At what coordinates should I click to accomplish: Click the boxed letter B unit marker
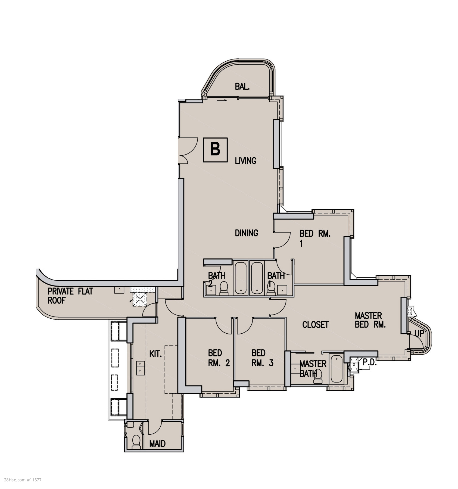tap(215, 150)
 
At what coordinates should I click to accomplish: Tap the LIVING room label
tap(245, 161)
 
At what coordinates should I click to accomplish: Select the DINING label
tap(247, 233)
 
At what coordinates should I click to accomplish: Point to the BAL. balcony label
tap(242, 87)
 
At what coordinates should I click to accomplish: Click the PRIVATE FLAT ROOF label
tap(70, 296)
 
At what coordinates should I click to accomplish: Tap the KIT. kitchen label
tap(155, 354)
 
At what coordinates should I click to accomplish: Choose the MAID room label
tap(157, 444)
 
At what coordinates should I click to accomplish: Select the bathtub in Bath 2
tap(241, 278)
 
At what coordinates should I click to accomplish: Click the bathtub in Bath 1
tap(257, 278)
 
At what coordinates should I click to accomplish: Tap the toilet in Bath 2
tap(224, 289)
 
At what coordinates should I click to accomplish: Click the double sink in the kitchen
tap(141, 367)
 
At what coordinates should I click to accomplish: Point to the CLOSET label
tap(315, 324)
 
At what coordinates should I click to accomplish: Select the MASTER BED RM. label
tap(370, 320)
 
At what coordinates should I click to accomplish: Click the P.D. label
tap(370, 362)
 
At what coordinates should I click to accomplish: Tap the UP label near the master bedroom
tap(419, 334)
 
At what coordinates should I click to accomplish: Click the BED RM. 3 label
tap(262, 358)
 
